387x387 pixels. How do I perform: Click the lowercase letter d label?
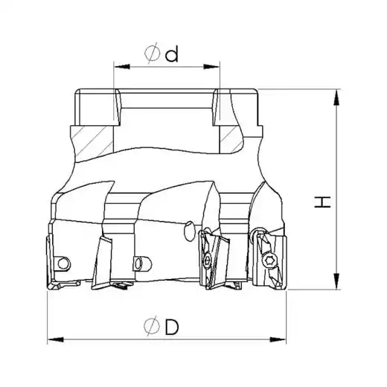(172, 54)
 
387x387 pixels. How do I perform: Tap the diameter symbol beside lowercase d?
(152, 53)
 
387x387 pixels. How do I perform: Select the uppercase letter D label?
(172, 327)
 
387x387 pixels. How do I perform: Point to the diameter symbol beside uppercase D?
(152, 326)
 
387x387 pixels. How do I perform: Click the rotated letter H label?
(322, 202)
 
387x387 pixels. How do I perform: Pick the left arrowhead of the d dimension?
(121, 67)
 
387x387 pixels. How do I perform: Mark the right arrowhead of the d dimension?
(211, 67)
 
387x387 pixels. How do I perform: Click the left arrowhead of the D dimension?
(56, 339)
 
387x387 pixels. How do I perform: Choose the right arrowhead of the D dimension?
(278, 339)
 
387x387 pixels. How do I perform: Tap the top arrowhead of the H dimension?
(336, 97)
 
